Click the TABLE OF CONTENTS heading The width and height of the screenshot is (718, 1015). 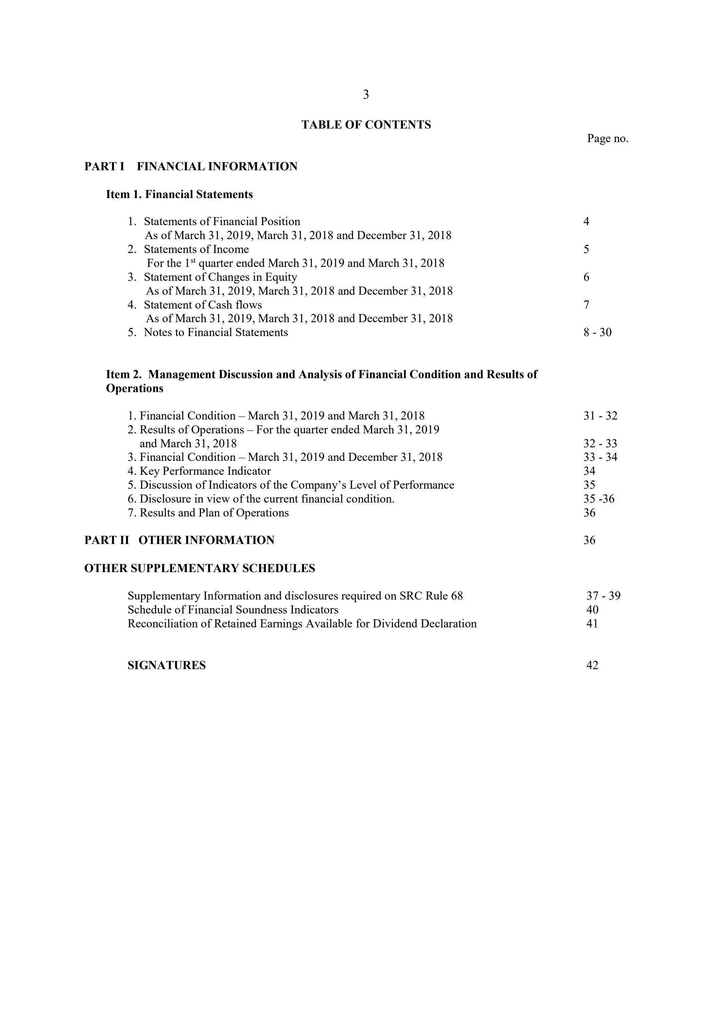click(366, 125)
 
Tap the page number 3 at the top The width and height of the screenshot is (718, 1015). click(366, 95)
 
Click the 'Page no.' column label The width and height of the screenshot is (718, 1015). click(607, 139)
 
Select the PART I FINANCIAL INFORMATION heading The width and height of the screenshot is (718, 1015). click(191, 167)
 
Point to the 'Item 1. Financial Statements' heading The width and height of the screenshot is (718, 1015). click(179, 195)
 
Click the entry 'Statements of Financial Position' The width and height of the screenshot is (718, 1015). click(221, 221)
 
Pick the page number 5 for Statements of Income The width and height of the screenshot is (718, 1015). click(586, 249)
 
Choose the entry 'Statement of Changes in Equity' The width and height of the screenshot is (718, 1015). click(220, 277)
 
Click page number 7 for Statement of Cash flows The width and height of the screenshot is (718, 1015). click(586, 305)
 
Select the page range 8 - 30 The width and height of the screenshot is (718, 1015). click(597, 332)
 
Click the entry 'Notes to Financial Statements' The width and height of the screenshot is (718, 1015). click(216, 332)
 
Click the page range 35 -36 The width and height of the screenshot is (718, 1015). click(599, 499)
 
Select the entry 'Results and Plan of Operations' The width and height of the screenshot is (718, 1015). click(214, 513)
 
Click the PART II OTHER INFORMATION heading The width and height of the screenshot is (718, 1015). click(179, 540)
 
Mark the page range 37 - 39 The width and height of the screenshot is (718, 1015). click(603, 596)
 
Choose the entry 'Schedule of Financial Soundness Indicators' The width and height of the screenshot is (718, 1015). click(233, 610)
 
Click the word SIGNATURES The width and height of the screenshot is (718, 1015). click(166, 665)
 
